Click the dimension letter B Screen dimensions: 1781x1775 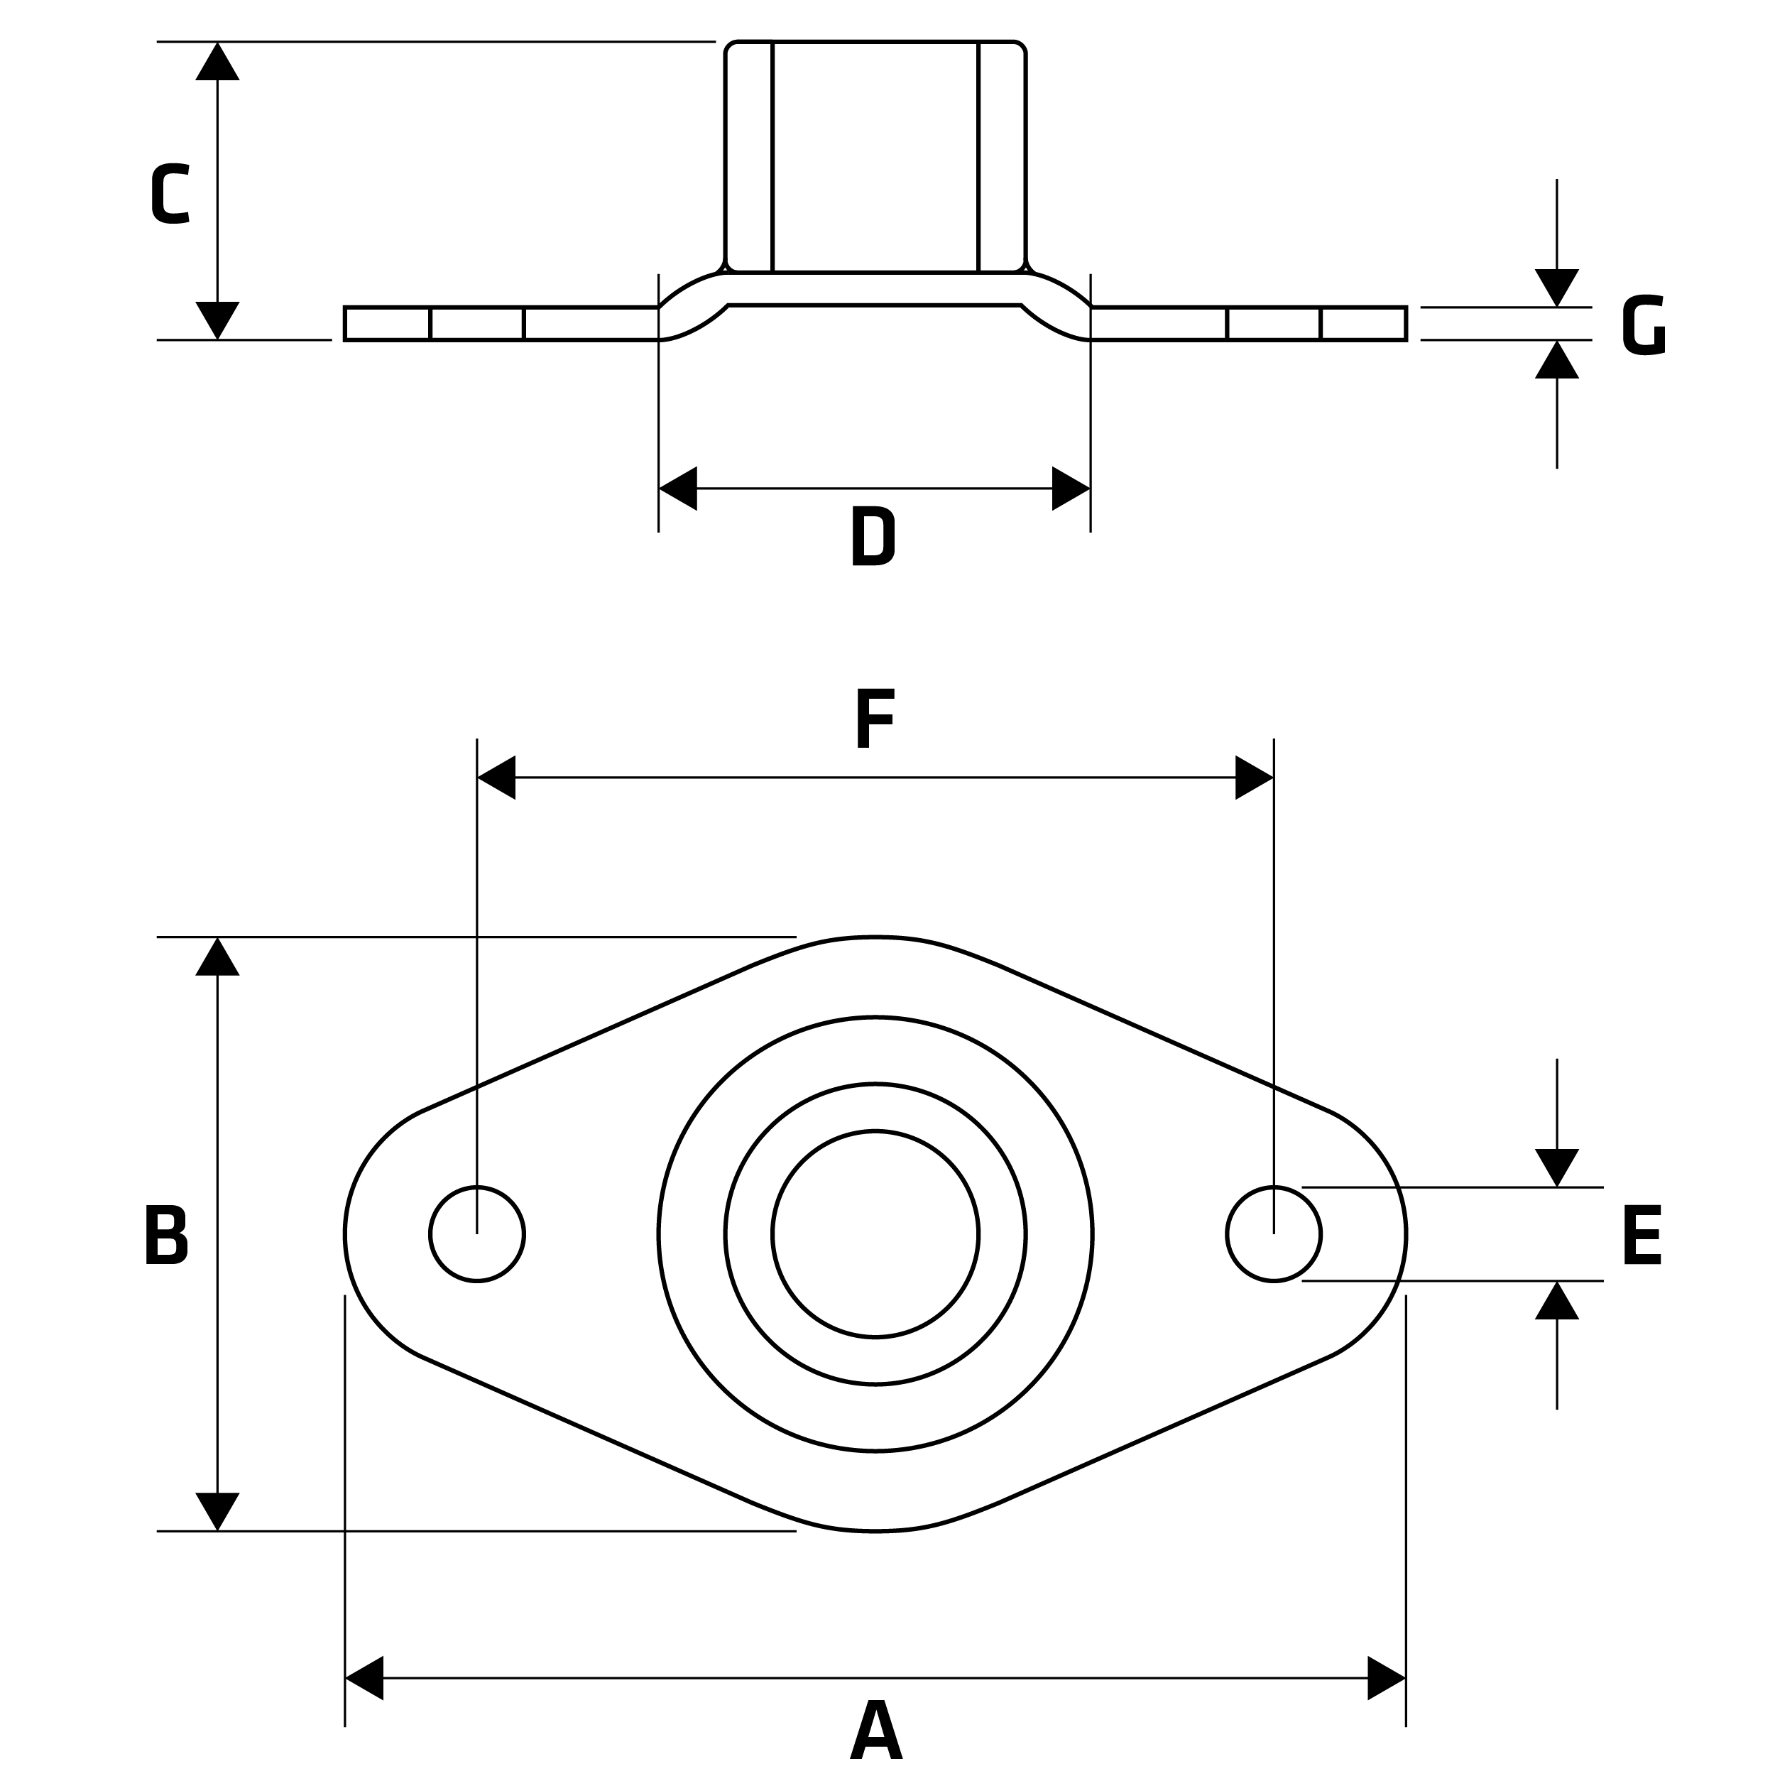coord(167,1234)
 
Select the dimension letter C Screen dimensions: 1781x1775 coord(170,194)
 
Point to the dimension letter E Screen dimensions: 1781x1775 coord(1642,1234)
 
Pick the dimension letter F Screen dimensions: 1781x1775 coord(875,719)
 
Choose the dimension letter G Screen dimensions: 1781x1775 coord(1643,325)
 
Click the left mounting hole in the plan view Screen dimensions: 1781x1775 coord(476,1234)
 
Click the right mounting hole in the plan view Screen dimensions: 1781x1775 coord(1274,1234)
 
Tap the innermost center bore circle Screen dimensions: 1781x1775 coord(875,1233)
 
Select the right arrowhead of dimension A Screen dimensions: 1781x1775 coord(1386,1678)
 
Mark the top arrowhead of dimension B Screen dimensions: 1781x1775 coord(217,957)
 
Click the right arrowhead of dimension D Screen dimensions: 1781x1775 coord(1070,489)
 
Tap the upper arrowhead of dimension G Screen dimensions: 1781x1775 coord(1556,287)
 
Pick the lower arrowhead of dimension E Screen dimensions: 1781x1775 coord(1556,1301)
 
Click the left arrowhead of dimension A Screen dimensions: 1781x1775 coord(365,1678)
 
